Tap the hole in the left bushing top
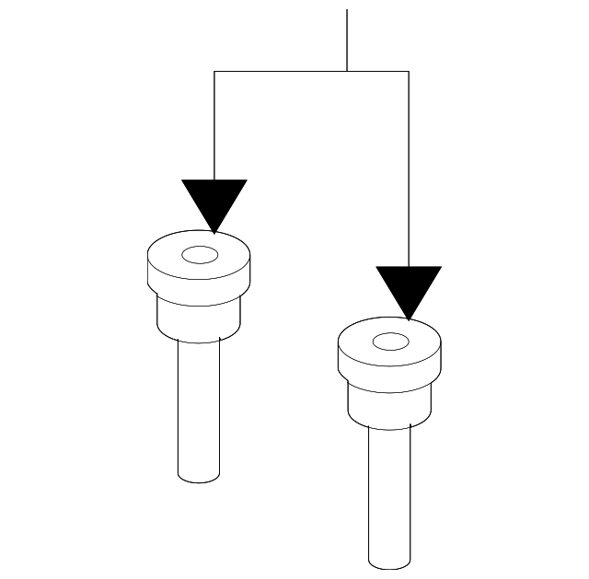(198, 254)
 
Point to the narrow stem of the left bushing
(199, 405)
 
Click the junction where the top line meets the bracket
(347, 71)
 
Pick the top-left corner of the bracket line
(214, 71)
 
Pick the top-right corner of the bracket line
(409, 71)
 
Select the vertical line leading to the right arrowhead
(409, 166)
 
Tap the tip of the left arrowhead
(214, 232)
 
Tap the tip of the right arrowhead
(409, 319)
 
